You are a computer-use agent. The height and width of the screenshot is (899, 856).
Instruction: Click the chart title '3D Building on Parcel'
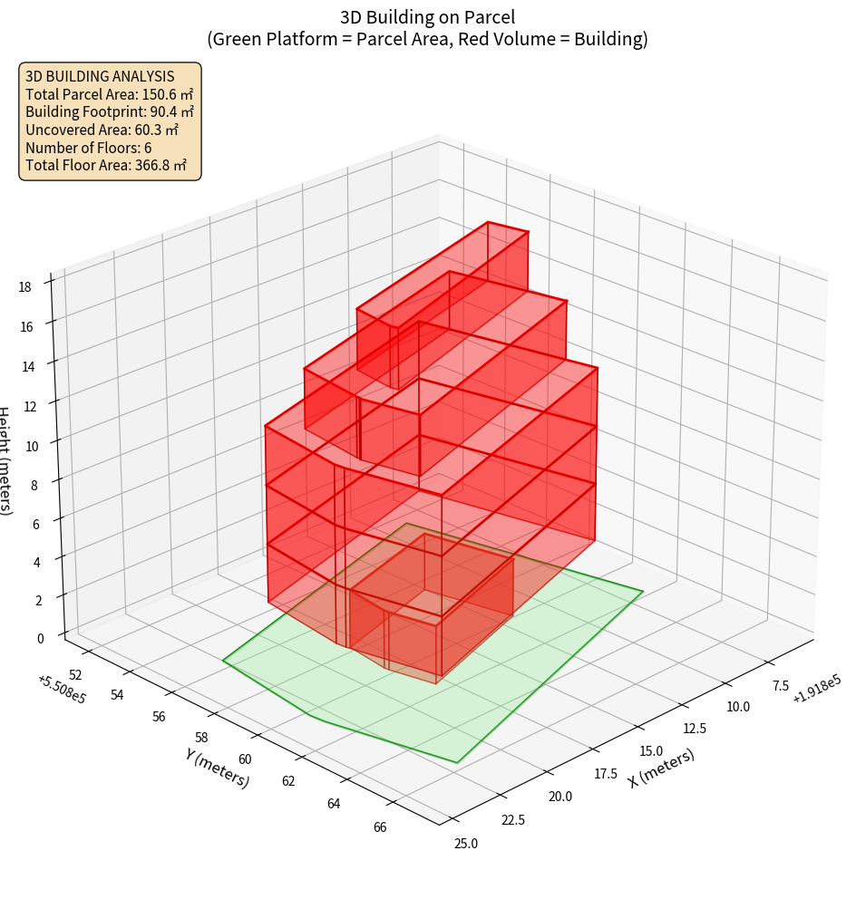pyautogui.click(x=427, y=17)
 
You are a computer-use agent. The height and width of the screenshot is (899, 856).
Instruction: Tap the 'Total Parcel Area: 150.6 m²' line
pyautogui.click(x=109, y=93)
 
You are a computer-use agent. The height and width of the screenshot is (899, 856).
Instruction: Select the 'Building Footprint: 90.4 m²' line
pyautogui.click(x=109, y=111)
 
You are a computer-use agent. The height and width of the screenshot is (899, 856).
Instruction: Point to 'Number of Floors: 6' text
pyautogui.click(x=89, y=147)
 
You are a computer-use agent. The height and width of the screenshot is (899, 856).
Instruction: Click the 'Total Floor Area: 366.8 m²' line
pyautogui.click(x=106, y=165)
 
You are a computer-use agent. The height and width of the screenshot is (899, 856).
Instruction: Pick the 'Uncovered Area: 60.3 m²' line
pyautogui.click(x=101, y=130)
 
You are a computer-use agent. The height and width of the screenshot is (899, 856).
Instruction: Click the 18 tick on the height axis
pyautogui.click(x=24, y=287)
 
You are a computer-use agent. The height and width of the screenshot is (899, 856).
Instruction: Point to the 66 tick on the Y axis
pyautogui.click(x=379, y=826)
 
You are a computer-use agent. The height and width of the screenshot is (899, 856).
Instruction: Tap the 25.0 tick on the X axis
pyautogui.click(x=465, y=844)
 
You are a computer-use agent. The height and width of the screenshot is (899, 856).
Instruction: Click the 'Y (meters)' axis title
pyautogui.click(x=217, y=768)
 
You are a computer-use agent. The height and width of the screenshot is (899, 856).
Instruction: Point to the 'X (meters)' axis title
pyautogui.click(x=662, y=768)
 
